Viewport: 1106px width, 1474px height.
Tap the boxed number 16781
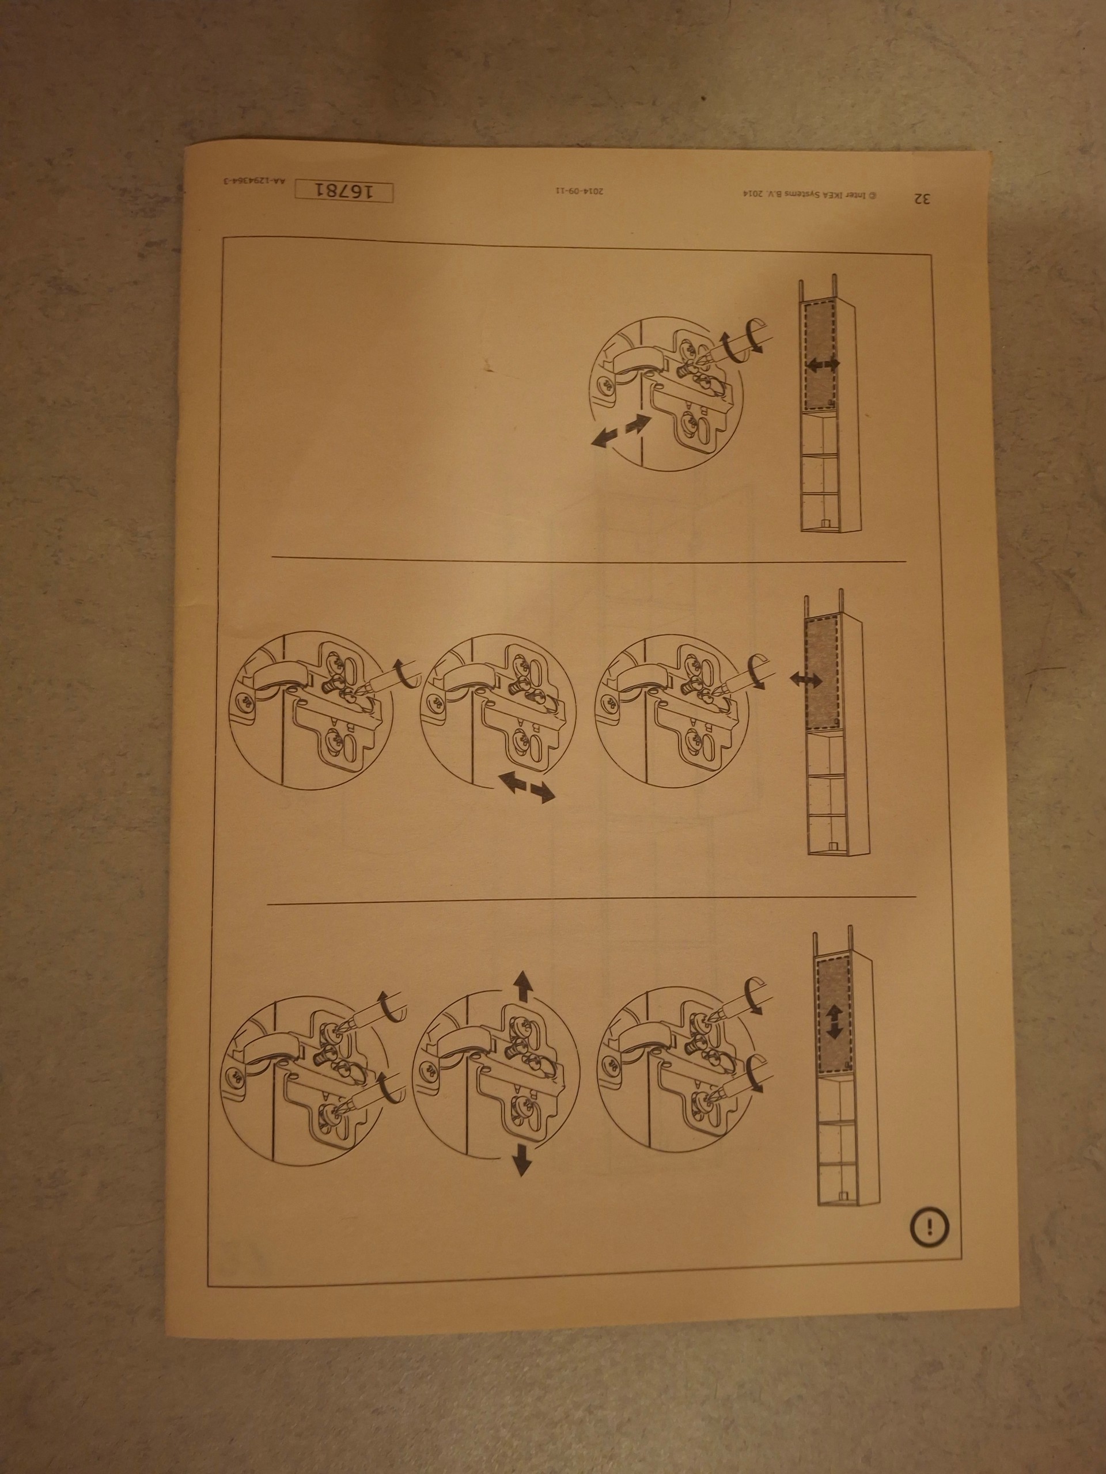tap(343, 191)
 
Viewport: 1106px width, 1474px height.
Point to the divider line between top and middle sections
tap(589, 559)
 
